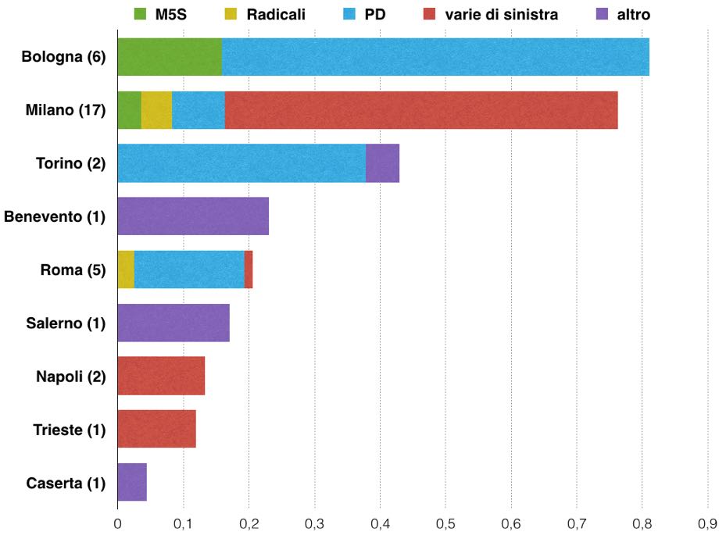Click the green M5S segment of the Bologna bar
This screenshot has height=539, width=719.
[x=170, y=57]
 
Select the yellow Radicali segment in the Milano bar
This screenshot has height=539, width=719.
[x=157, y=110]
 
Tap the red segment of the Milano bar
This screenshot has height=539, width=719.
[x=421, y=110]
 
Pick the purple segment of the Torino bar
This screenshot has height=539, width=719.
[x=382, y=163]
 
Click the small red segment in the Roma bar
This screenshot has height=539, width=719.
[x=249, y=269]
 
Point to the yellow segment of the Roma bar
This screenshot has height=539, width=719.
[x=126, y=269]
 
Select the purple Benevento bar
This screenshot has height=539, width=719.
[x=193, y=216]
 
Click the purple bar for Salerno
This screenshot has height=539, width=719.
[x=173, y=323]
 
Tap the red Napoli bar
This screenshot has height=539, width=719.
[x=162, y=376]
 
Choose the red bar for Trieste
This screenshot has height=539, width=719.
[x=157, y=429]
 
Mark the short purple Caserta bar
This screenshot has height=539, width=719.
[x=132, y=482]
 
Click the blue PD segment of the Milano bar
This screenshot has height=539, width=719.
[x=199, y=110]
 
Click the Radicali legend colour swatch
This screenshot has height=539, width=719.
[x=231, y=14]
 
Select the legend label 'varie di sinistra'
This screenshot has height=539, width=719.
[x=501, y=15]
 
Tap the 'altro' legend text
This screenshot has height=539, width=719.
[x=633, y=15]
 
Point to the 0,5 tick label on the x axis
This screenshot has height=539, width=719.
[x=445, y=524]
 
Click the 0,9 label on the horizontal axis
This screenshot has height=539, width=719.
[x=707, y=524]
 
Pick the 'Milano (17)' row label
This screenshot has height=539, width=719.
[x=66, y=110]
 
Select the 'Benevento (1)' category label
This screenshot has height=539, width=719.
[x=55, y=216]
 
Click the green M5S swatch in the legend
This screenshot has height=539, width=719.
[x=140, y=14]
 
